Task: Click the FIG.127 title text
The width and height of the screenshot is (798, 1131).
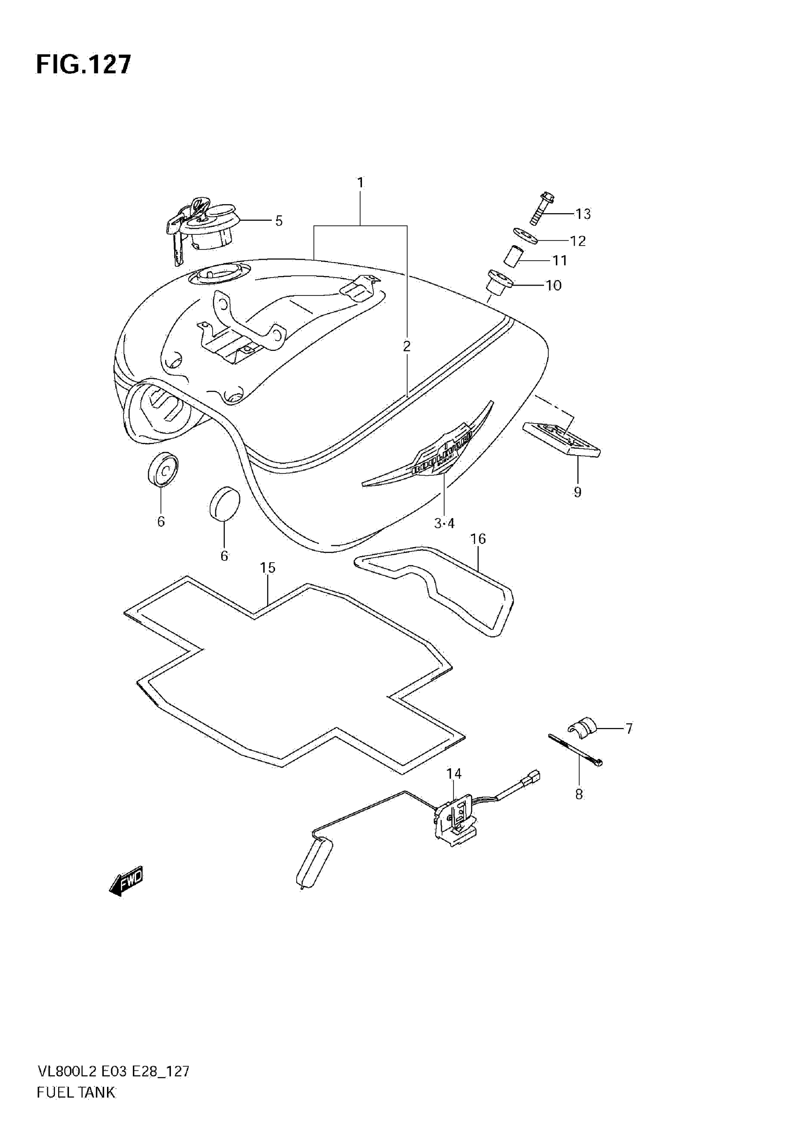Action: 84,64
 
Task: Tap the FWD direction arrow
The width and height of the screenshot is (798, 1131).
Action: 126,881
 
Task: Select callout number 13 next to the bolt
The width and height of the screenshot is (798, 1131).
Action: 583,214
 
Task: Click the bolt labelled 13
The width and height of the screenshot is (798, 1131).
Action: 541,209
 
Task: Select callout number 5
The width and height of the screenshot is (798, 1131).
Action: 279,221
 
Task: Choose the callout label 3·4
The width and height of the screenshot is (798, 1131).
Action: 444,524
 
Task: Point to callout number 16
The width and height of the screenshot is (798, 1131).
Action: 478,539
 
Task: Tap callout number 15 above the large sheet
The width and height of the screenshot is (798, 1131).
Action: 268,568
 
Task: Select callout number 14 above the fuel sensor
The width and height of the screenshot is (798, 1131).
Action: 454,774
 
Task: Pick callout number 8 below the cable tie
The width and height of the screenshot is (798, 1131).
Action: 579,795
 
